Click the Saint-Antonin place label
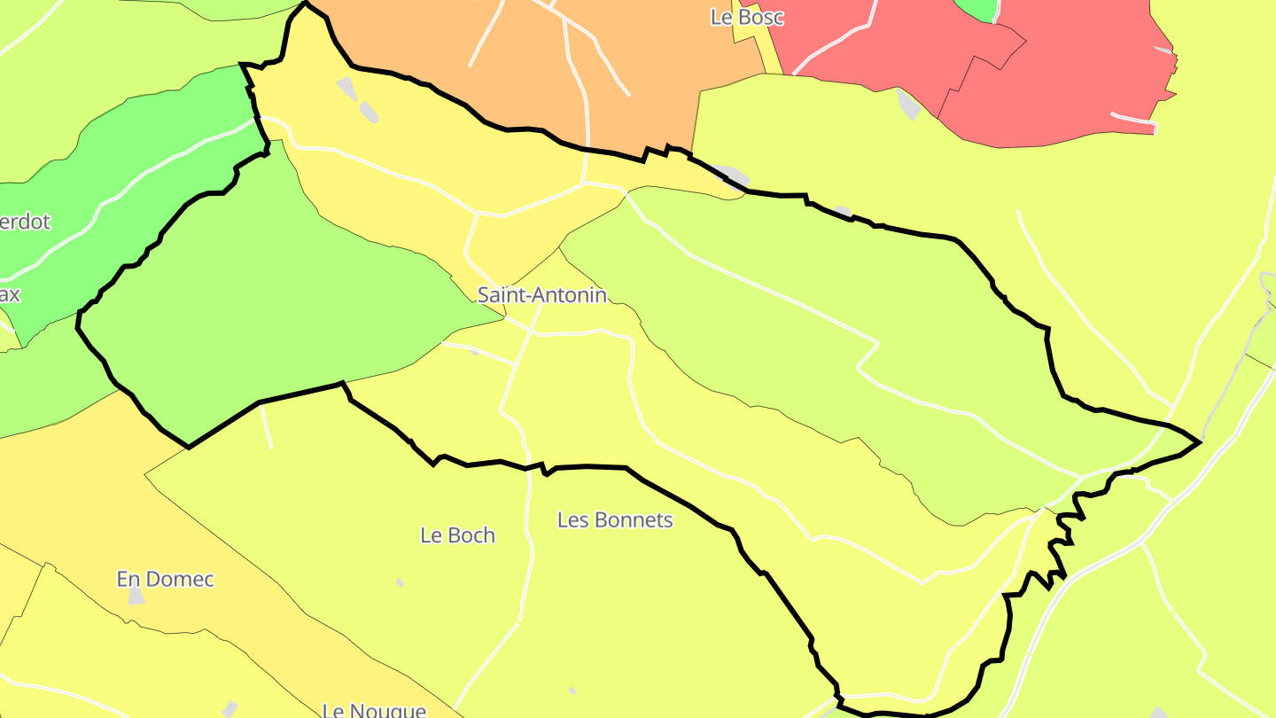[x=542, y=295]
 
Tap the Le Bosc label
[x=747, y=17]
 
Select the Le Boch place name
[x=457, y=535]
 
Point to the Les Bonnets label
[x=615, y=520]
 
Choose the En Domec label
[x=166, y=580]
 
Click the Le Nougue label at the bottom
[x=374, y=710]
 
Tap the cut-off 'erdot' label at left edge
[x=25, y=222]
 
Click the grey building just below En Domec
[x=136, y=596]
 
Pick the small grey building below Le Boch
[x=400, y=582]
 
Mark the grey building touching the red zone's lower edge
[x=908, y=104]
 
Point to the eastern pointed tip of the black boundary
[x=1200, y=441]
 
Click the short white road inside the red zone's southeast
[x=1132, y=117]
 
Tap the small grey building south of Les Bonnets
[x=572, y=691]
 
